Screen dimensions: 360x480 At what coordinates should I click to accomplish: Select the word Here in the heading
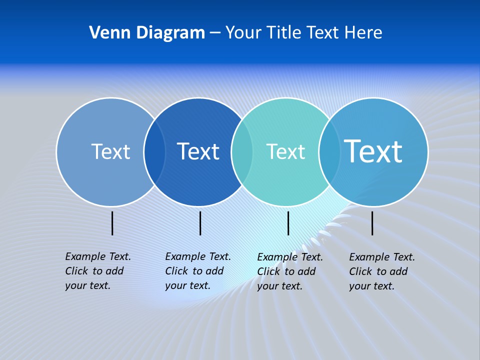[x=363, y=32]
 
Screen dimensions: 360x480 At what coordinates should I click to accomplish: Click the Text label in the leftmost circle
[x=110, y=151]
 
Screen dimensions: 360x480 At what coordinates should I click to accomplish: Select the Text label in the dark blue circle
[x=198, y=151]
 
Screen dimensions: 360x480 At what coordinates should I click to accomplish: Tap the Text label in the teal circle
[x=285, y=151]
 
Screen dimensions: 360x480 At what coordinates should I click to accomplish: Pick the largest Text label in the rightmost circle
[x=373, y=151]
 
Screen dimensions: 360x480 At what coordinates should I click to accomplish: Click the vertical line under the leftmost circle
[x=112, y=223]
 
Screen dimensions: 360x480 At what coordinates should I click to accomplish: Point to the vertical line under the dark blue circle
[x=200, y=223]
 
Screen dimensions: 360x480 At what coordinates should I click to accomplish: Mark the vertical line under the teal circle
[x=288, y=223]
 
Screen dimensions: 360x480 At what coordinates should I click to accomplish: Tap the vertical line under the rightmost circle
[x=372, y=223]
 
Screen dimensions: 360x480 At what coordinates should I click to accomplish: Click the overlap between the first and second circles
[x=154, y=152]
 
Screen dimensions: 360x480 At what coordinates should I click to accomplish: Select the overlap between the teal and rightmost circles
[x=329, y=152]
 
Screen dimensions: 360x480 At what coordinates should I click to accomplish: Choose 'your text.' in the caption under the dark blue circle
[x=187, y=285]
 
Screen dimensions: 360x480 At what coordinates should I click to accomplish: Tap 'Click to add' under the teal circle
[x=286, y=271]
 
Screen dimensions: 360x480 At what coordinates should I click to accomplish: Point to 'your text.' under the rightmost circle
[x=371, y=286]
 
